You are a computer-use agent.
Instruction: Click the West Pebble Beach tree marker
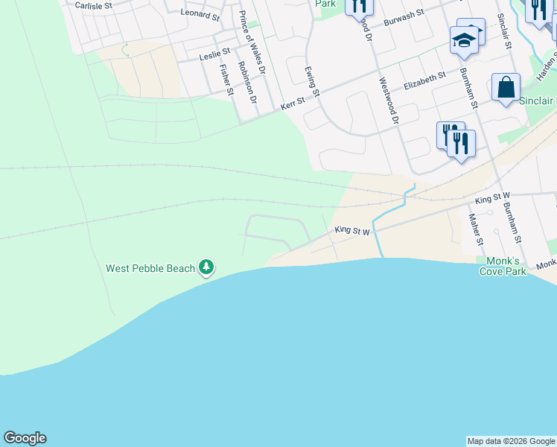206,267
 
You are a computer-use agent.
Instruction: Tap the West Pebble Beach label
150,268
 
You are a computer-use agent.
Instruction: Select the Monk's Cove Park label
503,266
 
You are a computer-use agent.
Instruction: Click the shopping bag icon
506,88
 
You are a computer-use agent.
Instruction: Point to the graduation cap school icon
463,41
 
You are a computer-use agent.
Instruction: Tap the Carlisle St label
93,5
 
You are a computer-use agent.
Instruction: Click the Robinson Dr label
247,82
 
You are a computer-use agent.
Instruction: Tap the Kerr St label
293,104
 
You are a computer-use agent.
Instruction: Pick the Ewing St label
311,82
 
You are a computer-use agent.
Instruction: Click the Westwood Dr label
389,101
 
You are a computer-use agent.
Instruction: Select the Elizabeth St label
424,80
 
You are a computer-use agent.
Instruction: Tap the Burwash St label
403,18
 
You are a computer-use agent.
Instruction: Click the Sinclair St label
504,30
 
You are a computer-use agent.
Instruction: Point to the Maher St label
474,229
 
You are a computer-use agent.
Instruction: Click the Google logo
25,438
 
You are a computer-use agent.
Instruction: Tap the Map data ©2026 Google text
511,441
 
